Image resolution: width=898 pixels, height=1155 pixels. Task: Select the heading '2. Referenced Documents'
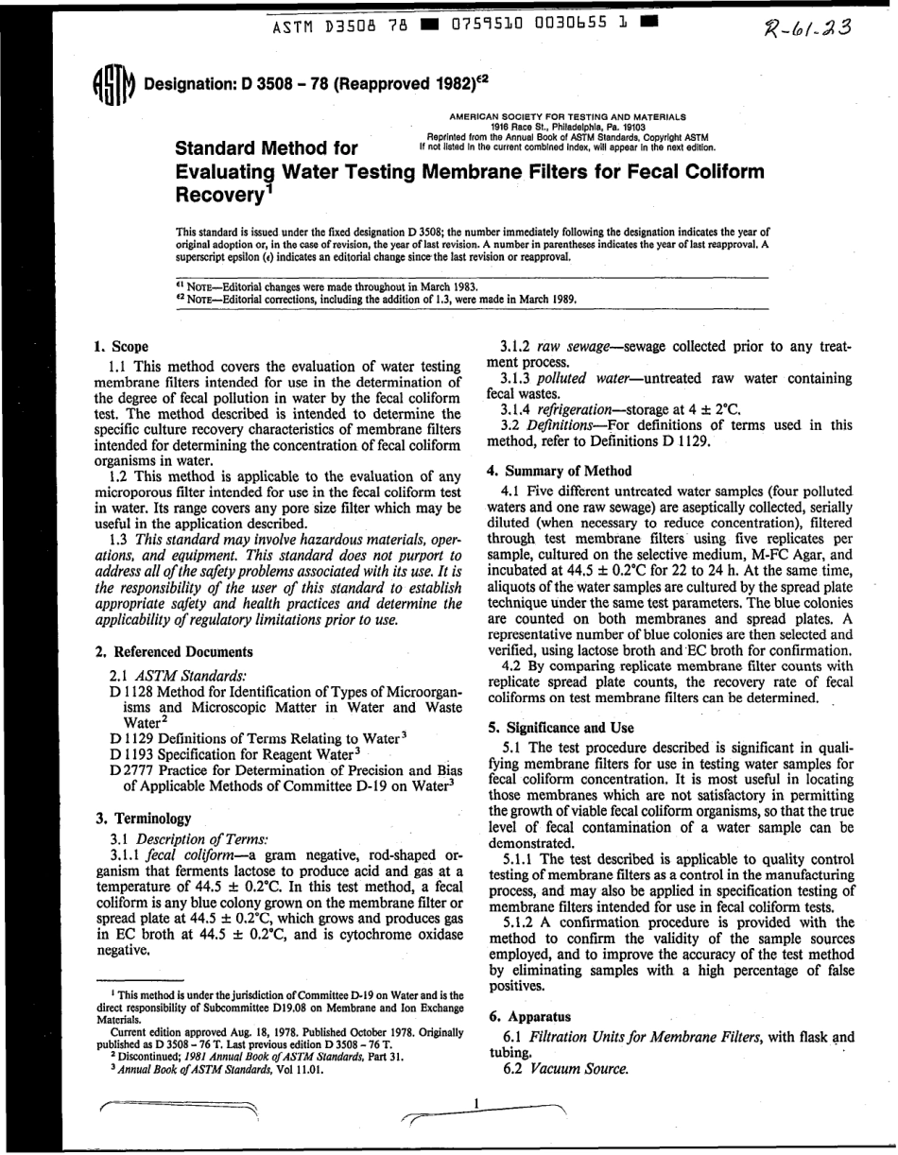pyautogui.click(x=174, y=651)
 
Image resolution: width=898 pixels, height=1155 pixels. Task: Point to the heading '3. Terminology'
pyautogui.click(x=144, y=818)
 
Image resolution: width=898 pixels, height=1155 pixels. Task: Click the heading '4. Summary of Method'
pyautogui.click(x=558, y=470)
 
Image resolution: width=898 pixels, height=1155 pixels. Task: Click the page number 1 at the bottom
pyautogui.click(x=477, y=1102)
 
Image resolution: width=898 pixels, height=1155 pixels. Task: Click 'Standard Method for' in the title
pyautogui.click(x=268, y=147)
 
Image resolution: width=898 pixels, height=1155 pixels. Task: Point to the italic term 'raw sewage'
pyautogui.click(x=572, y=347)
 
